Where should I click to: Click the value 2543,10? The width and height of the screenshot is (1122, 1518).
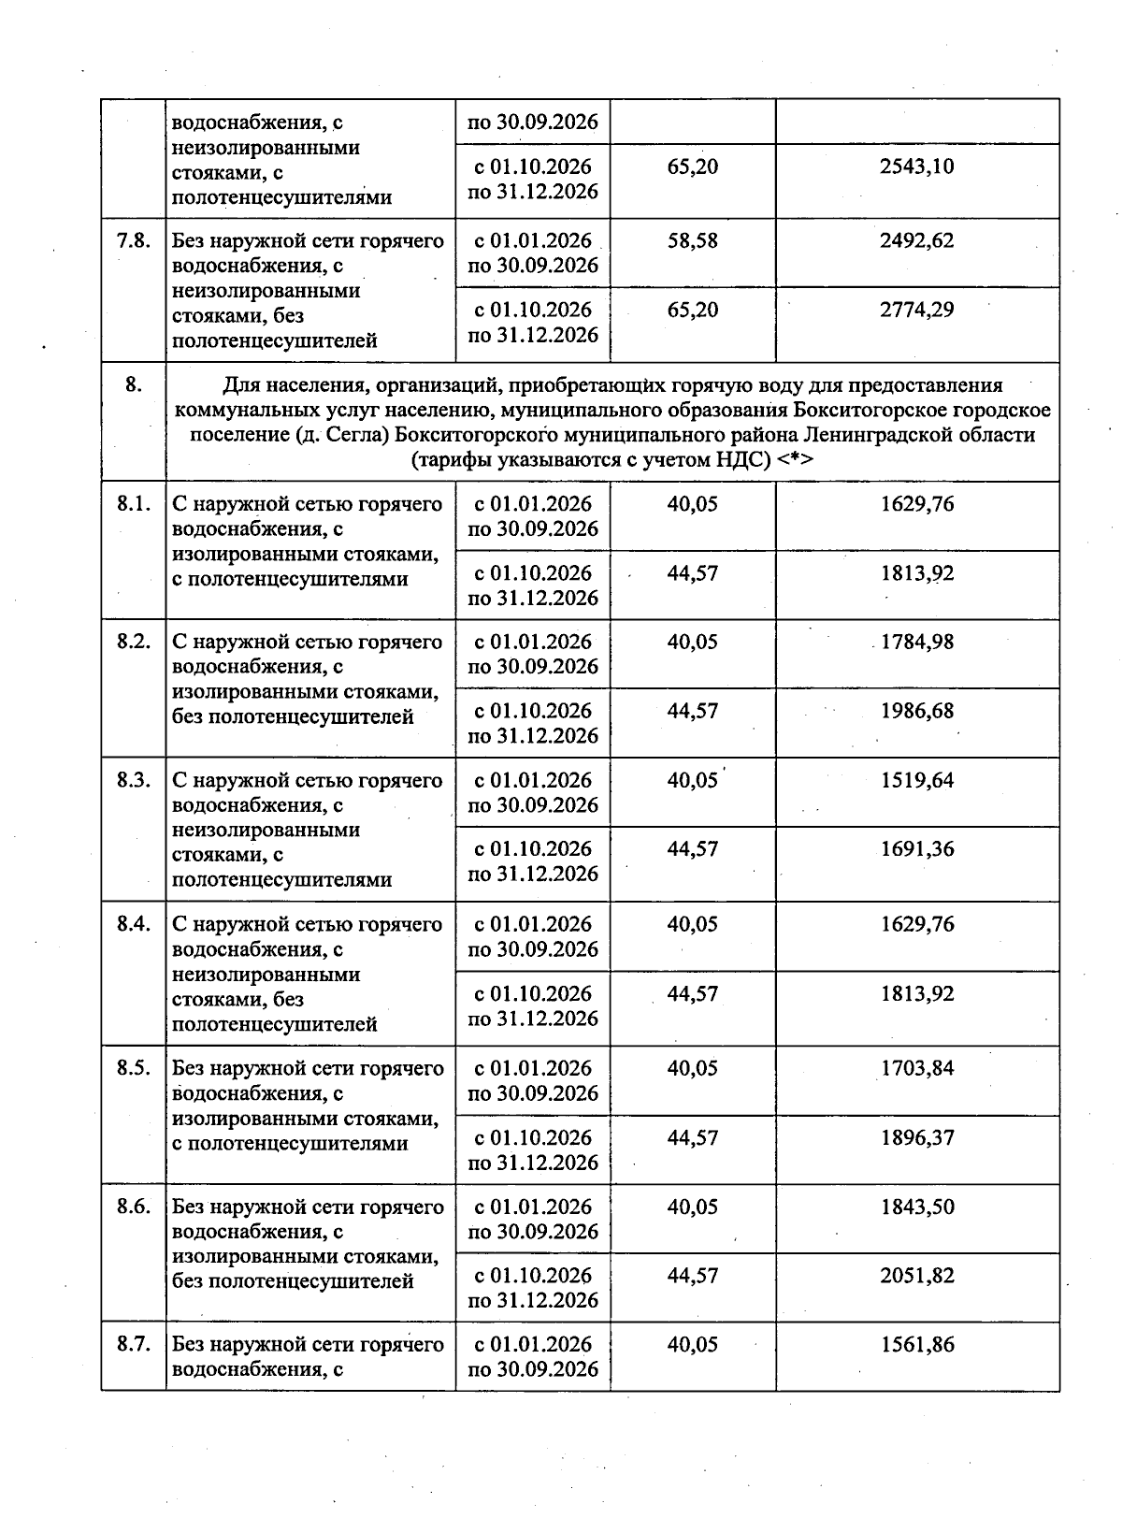click(x=916, y=167)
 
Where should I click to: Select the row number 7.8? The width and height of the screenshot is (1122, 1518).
click(x=134, y=241)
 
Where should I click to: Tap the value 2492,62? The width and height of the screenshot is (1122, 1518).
click(x=916, y=241)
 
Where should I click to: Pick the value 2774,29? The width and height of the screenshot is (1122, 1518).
click(x=916, y=310)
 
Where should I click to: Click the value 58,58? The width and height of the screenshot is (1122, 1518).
click(x=692, y=241)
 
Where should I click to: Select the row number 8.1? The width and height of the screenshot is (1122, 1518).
click(x=134, y=505)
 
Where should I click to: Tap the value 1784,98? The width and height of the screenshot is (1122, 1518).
click(x=916, y=643)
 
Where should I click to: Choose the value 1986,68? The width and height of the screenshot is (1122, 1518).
click(x=916, y=711)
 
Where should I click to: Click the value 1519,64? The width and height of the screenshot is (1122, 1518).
click(x=916, y=781)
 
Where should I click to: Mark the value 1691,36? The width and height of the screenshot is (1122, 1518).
click(x=916, y=849)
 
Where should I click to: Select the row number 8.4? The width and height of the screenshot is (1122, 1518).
click(x=134, y=925)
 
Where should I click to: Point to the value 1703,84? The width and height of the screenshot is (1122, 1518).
click(x=916, y=1069)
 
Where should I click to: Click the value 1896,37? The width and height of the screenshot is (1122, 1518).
click(x=916, y=1138)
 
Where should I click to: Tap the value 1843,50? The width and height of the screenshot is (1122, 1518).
click(x=916, y=1207)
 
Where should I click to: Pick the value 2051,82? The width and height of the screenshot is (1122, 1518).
click(x=916, y=1276)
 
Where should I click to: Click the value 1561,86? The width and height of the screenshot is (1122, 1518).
click(x=916, y=1345)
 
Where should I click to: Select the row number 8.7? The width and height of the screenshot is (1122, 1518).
click(x=134, y=1345)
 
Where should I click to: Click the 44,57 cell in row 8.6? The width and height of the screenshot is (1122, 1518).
click(x=692, y=1276)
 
